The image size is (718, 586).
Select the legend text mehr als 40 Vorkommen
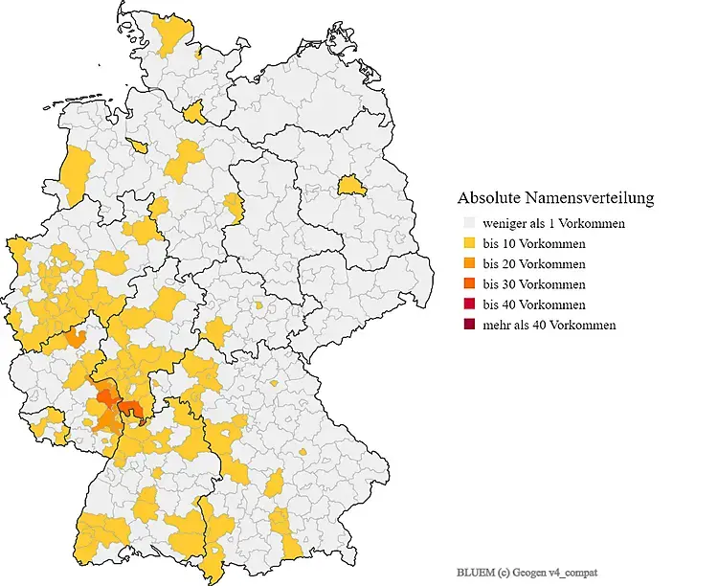point(549,325)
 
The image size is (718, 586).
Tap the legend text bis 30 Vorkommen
point(534,284)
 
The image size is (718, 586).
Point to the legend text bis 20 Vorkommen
point(534,264)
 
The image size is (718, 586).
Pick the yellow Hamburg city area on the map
point(195,114)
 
